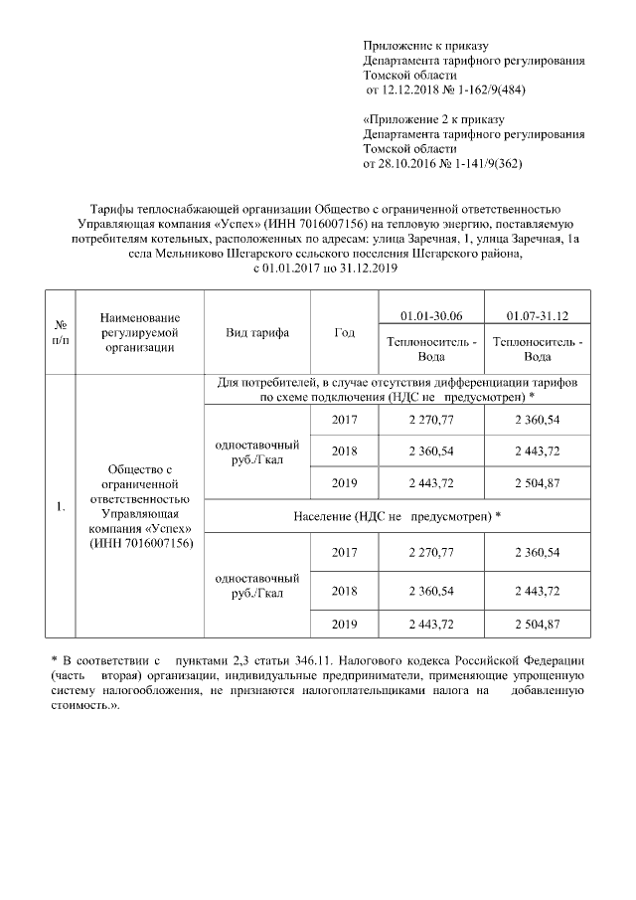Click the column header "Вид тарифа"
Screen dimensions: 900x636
click(257, 333)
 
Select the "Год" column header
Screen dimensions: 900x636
click(345, 333)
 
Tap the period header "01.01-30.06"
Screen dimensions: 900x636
click(430, 315)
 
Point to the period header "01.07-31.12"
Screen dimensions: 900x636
click(538, 315)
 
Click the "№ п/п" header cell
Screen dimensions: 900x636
click(61, 333)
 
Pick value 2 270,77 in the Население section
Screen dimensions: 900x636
click(430, 552)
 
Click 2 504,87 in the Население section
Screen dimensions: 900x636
click(538, 624)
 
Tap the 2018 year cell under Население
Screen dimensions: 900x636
click(345, 590)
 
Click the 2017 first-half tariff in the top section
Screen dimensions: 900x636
click(430, 419)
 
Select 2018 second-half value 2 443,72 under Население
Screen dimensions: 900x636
click(538, 590)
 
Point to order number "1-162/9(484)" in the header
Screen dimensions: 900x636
click(484, 90)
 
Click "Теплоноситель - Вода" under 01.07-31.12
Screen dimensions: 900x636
click(538, 348)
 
